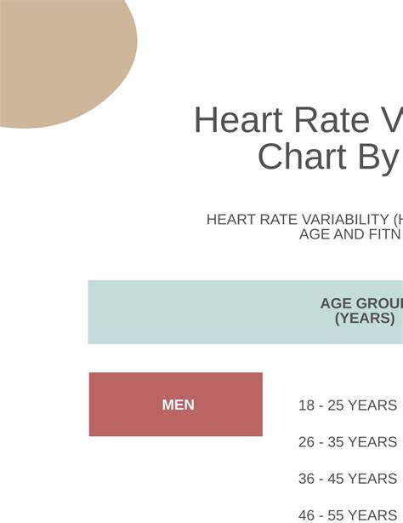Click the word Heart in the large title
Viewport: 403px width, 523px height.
pos(238,121)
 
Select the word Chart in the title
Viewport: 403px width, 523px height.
pos(298,158)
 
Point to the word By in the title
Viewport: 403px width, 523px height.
pos(374,158)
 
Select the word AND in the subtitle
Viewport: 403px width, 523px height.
pos(344,234)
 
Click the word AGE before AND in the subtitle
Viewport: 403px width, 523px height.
pos(314,234)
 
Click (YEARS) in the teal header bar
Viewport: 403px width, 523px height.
pos(365,319)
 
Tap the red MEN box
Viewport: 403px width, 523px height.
pos(176,405)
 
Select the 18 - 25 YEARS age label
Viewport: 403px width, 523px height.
pos(347,405)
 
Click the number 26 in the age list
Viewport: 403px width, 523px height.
pos(307,442)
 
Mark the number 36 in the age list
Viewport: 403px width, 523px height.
pos(307,479)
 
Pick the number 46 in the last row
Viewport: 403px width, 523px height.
pos(307,514)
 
